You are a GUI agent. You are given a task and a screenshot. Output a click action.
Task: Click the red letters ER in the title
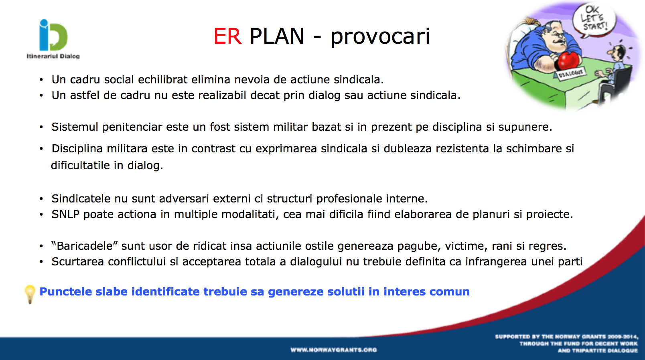point(227,36)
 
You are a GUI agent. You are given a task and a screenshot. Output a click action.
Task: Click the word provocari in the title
point(380,37)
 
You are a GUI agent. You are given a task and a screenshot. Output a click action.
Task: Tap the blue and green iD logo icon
point(53,35)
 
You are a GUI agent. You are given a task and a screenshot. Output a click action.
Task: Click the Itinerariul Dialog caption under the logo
point(53,56)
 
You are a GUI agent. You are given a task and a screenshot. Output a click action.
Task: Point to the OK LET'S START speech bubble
point(594,20)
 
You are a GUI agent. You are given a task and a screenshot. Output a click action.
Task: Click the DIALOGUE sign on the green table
point(571,74)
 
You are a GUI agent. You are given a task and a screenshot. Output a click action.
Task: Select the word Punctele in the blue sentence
point(66,291)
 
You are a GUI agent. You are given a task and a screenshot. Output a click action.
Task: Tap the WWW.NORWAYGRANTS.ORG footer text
point(334,350)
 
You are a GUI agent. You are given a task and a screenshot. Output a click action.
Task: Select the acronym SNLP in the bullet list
point(65,214)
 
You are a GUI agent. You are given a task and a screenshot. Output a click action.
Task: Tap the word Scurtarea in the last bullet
point(77,262)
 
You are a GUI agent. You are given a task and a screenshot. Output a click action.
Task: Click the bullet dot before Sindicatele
point(41,199)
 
